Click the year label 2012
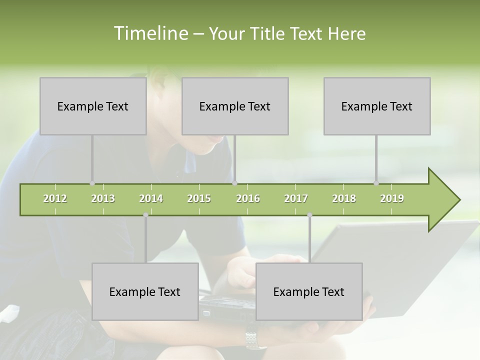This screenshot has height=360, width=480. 55,198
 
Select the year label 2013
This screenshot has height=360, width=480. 103,198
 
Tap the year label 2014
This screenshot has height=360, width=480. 151,198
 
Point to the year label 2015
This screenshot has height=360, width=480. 199,198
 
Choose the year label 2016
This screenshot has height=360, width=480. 248,198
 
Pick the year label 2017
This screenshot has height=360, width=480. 296,198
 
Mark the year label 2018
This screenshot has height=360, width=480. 344,198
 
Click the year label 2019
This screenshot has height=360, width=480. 392,198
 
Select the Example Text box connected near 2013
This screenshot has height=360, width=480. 93,106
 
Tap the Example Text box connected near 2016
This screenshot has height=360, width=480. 235,106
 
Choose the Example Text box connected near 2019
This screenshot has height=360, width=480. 377,106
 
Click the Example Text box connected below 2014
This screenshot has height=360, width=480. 145,291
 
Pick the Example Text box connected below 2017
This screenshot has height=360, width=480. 309,291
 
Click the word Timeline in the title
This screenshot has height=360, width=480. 150,33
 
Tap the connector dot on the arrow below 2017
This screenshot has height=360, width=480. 309,215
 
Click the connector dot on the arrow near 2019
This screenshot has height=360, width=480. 376,183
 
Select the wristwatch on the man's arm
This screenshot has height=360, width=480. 255,340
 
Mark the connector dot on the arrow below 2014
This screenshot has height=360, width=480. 145,215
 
